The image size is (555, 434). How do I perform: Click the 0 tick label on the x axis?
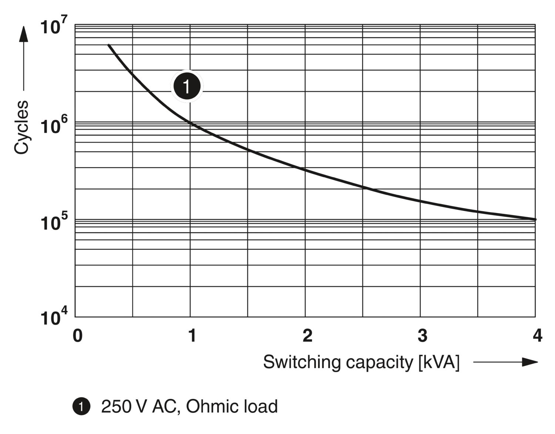tap(77, 336)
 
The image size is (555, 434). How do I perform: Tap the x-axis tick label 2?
tap(307, 336)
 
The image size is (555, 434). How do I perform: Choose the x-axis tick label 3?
tap(422, 336)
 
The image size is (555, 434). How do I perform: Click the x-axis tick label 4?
tap(537, 336)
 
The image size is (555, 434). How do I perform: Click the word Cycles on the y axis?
tap(21, 127)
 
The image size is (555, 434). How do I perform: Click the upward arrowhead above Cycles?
tap(23, 34)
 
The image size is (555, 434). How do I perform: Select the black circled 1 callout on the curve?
tap(187, 86)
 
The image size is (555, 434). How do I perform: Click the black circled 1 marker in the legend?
tap(81, 407)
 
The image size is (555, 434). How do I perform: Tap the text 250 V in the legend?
tap(124, 407)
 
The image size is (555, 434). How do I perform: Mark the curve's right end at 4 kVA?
tap(535, 220)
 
